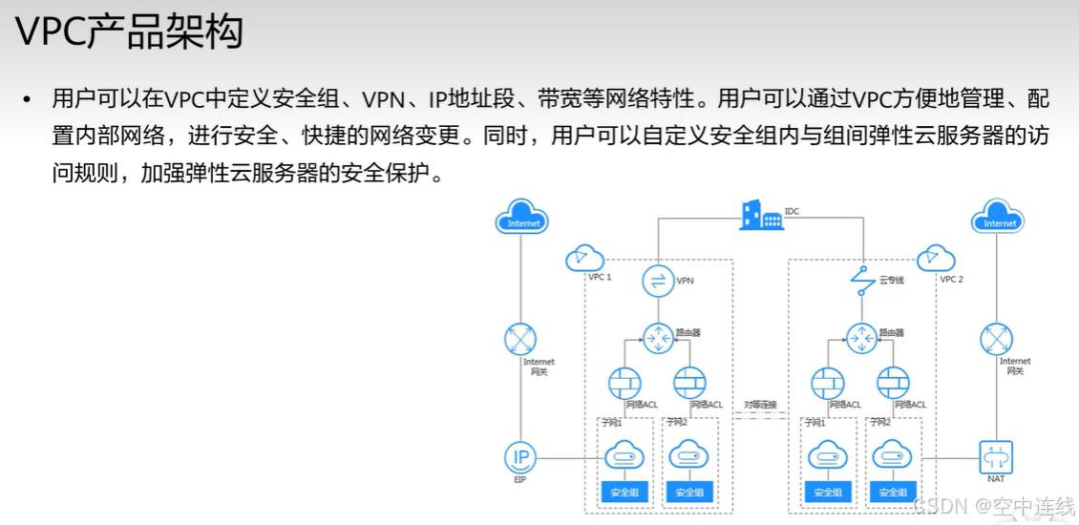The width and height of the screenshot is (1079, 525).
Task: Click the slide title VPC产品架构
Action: point(130,32)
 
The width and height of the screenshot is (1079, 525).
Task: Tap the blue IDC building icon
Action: point(761,216)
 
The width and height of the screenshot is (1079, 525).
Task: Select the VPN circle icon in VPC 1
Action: point(658,281)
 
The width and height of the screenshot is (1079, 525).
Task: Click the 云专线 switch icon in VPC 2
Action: point(862,281)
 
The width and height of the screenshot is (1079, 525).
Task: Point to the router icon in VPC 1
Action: point(658,338)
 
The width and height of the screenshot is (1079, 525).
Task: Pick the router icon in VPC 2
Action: point(861,338)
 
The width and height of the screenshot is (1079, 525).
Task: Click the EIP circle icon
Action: point(521,457)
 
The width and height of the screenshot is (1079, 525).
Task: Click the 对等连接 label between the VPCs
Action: point(760,405)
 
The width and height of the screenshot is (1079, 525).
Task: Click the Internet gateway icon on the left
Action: point(521,339)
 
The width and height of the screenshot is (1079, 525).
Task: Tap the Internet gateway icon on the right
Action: point(997,339)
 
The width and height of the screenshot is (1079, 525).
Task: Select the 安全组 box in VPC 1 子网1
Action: point(624,493)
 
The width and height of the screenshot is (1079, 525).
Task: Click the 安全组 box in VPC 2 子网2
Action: point(893,493)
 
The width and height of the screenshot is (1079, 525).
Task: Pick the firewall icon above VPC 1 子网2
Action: point(690,383)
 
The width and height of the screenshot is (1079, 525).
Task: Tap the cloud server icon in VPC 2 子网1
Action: point(828,456)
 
